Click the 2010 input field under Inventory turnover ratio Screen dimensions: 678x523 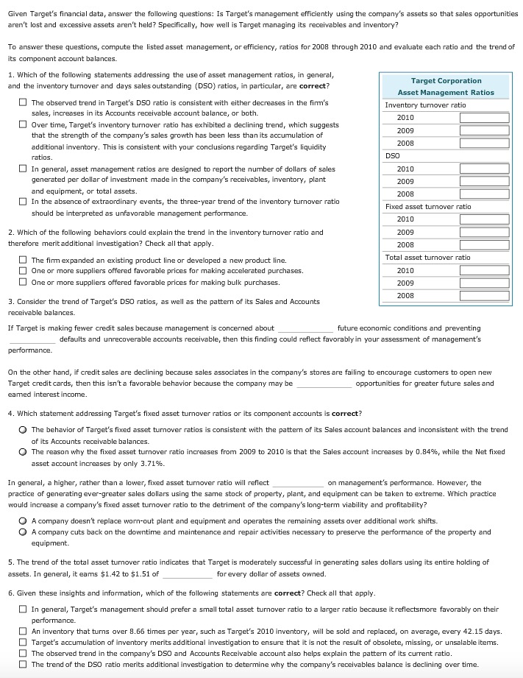coord(484,118)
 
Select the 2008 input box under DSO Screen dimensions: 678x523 coord(484,194)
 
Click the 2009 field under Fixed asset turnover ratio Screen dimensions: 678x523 coord(484,232)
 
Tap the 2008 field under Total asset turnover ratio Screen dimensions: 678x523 coord(484,295)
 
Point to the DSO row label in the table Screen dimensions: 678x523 coord(392,156)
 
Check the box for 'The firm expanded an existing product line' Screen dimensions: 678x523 coord(24,261)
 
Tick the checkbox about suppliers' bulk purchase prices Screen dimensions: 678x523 coord(24,283)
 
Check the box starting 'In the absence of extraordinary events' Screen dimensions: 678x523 coord(24,202)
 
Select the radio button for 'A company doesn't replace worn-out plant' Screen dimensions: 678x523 coord(24,520)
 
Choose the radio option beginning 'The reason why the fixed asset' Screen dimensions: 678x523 coord(24,452)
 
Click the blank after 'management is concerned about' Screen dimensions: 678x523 coord(305,328)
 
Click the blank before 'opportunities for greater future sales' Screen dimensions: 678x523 coord(324,384)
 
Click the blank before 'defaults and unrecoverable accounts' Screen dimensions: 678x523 coord(32,340)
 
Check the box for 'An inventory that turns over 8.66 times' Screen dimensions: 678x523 coord(24,632)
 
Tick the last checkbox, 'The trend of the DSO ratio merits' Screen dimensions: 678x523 coord(24,665)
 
